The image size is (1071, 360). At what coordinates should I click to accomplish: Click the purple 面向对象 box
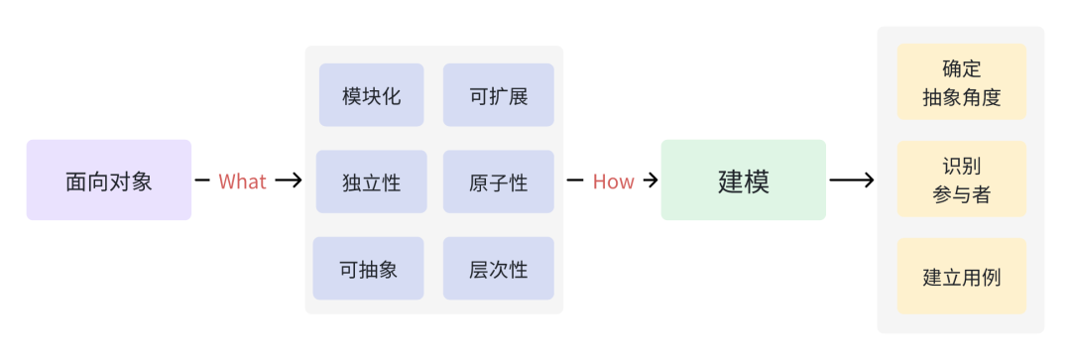coord(109,180)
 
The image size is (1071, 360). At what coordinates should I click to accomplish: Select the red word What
coord(242,181)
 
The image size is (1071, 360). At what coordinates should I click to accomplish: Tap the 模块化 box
coord(371,95)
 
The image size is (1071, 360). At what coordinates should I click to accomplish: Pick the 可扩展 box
coord(498,95)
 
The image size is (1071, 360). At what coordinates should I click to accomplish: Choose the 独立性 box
coord(371,181)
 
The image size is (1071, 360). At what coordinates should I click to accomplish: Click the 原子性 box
coord(498,181)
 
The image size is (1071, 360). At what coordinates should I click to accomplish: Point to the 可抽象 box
coord(368,269)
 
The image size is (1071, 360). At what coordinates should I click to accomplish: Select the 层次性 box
coord(498,269)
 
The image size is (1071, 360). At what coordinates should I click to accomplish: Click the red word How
coord(613,181)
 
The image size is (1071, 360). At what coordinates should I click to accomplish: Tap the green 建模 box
coord(743,180)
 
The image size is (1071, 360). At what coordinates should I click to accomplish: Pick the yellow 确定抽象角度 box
coord(961,82)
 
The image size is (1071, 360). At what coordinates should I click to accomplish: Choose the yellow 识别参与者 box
coord(961,180)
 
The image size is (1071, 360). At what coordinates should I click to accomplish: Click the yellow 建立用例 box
coord(961,277)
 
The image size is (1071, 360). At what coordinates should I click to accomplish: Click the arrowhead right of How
coord(651,180)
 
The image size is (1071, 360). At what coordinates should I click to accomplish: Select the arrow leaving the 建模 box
coord(852,180)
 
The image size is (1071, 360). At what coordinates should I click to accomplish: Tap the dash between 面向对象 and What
coord(202,180)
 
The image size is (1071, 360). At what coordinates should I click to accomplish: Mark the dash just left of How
coord(574,180)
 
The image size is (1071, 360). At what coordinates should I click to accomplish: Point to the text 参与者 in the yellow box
coord(961,194)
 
